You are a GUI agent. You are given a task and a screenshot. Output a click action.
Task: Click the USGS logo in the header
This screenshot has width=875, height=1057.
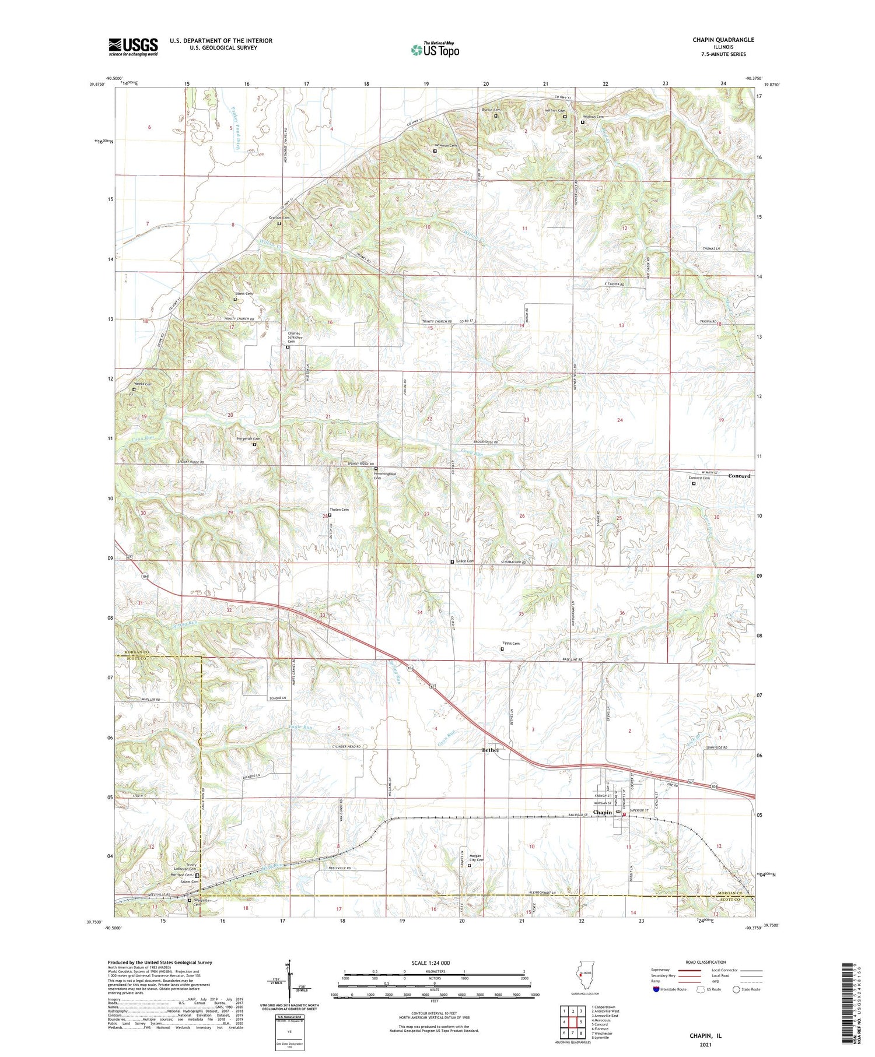[x=133, y=47]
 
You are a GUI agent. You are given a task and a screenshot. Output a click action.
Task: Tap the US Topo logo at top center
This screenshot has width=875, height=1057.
[x=435, y=50]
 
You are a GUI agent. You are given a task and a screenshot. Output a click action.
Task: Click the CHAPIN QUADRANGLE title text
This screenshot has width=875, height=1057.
[x=723, y=40]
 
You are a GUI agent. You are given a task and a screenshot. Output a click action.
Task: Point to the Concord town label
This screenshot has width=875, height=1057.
[x=739, y=476]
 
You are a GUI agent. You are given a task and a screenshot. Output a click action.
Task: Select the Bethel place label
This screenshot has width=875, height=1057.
[x=490, y=750]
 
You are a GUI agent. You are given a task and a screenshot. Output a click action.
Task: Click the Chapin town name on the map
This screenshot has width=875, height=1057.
[x=603, y=812]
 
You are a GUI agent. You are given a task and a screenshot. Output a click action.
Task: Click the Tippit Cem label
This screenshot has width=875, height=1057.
[x=511, y=644]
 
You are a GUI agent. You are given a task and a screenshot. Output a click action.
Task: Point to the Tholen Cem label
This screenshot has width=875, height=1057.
[x=339, y=510]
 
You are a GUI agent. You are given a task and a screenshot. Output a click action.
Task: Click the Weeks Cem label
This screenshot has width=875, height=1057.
[x=144, y=384]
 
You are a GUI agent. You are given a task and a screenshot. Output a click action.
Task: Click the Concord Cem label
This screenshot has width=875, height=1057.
[x=699, y=478]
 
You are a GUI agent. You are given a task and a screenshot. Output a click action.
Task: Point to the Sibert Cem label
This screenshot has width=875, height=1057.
[x=244, y=294]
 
